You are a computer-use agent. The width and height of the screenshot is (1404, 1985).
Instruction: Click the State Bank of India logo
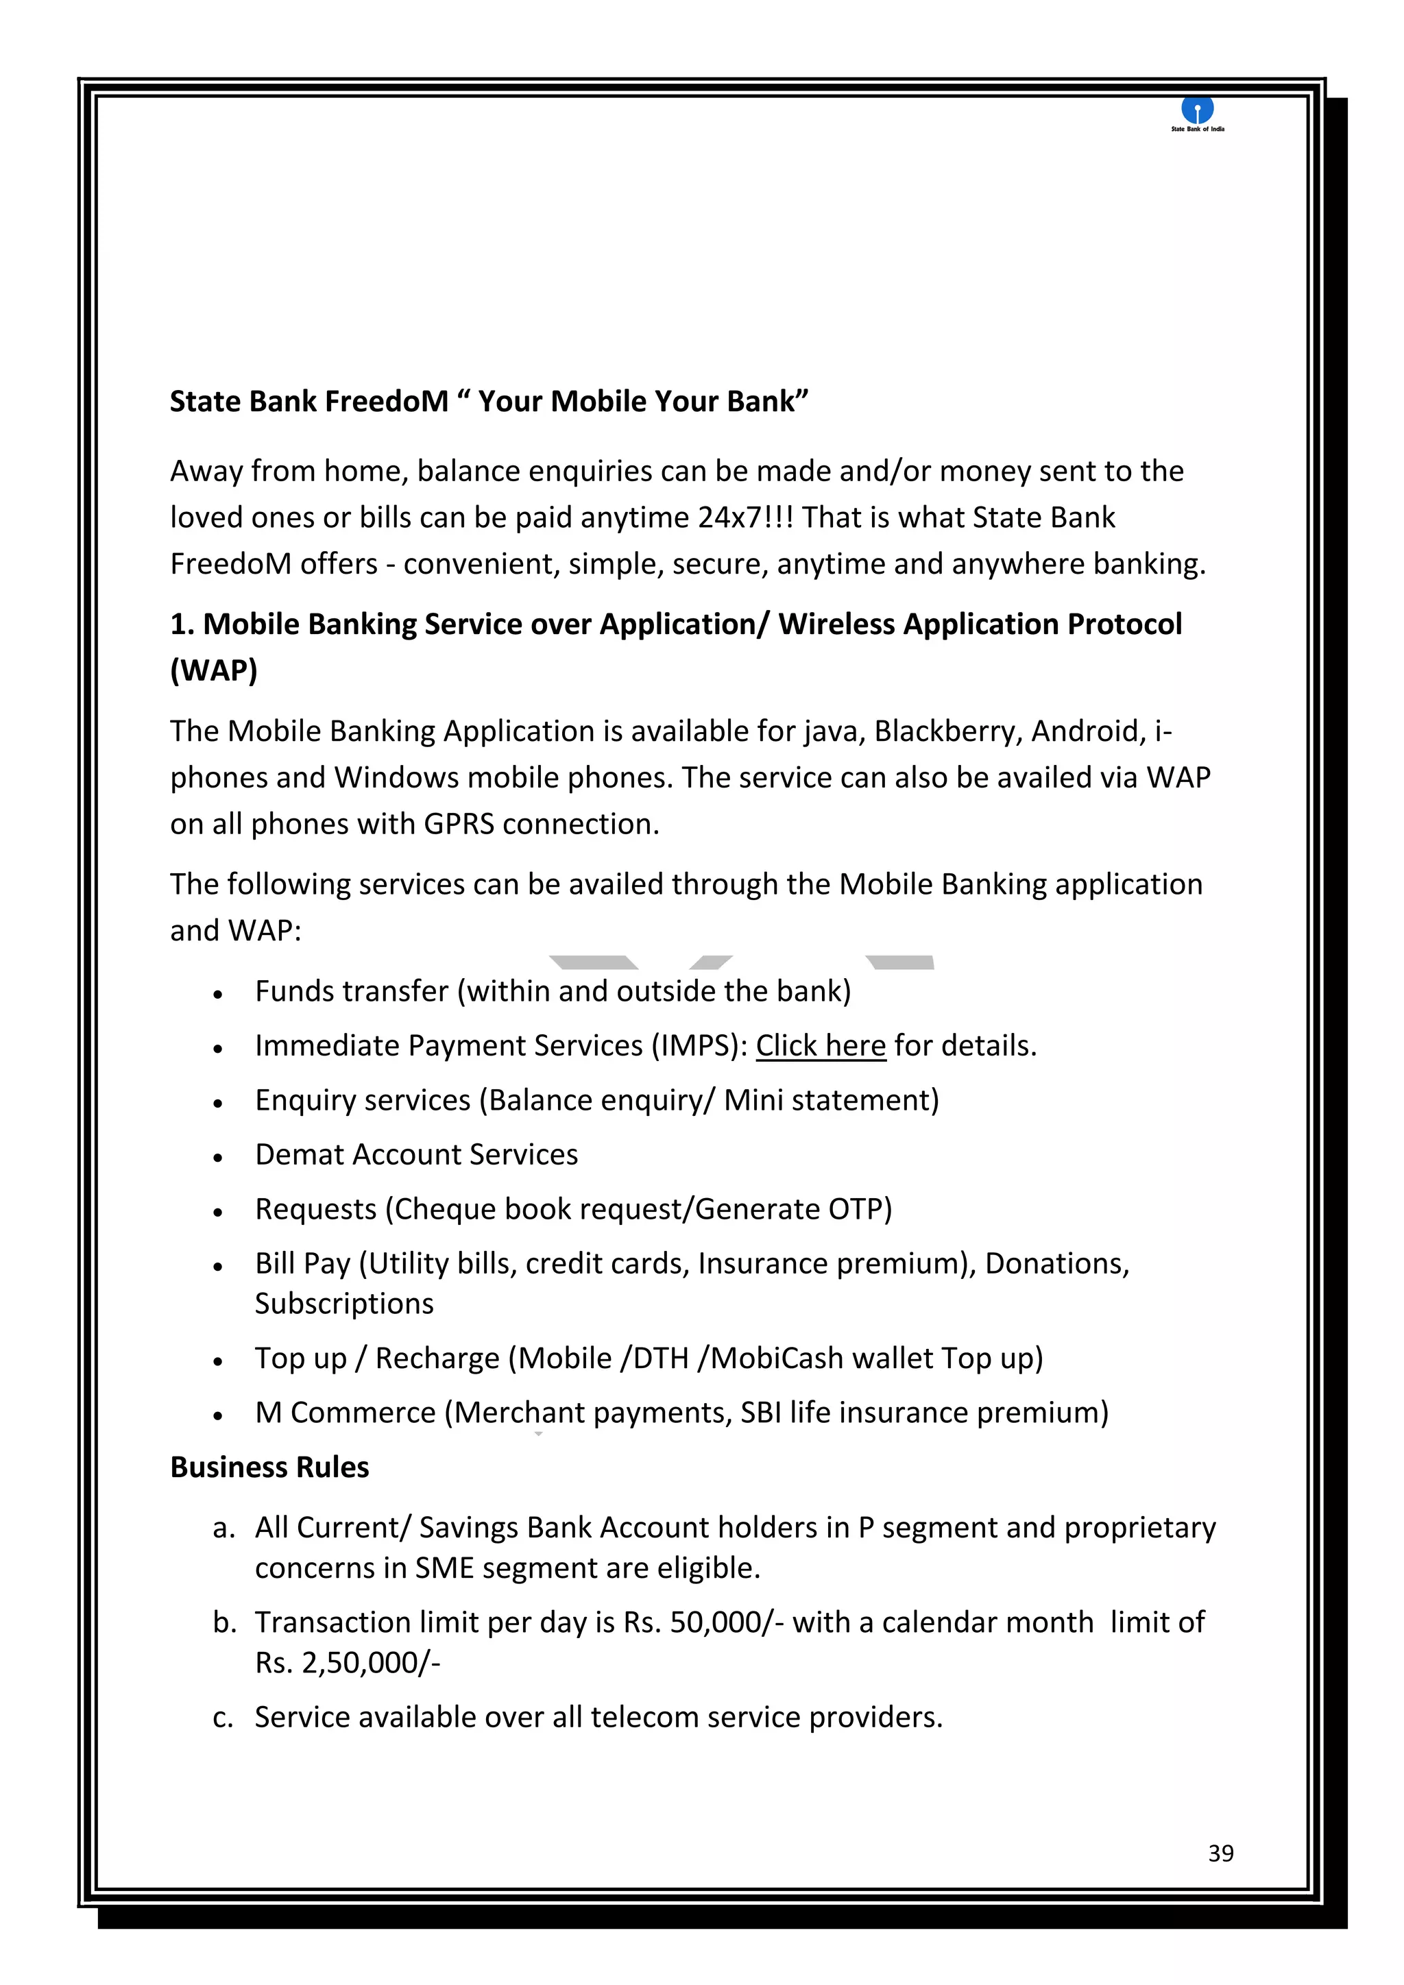(x=1198, y=112)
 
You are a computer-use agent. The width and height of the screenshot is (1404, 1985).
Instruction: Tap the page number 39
(x=1221, y=1853)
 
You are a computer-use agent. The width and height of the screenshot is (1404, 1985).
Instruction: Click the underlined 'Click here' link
(x=821, y=1045)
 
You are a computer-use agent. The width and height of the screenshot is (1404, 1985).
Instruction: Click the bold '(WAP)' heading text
(x=213, y=670)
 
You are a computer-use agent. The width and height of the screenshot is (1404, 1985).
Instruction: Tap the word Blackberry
(x=947, y=731)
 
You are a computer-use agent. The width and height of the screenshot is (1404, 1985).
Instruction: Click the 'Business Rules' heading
(x=269, y=1467)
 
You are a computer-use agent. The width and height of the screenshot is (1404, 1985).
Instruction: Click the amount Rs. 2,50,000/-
(x=348, y=1663)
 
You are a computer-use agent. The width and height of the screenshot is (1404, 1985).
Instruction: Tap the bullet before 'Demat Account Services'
(x=219, y=1158)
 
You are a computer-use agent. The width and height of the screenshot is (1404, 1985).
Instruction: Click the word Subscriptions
(x=344, y=1304)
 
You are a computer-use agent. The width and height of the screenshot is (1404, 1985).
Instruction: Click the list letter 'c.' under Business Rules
(x=223, y=1717)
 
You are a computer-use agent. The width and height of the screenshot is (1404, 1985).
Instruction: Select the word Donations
(x=1056, y=1263)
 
